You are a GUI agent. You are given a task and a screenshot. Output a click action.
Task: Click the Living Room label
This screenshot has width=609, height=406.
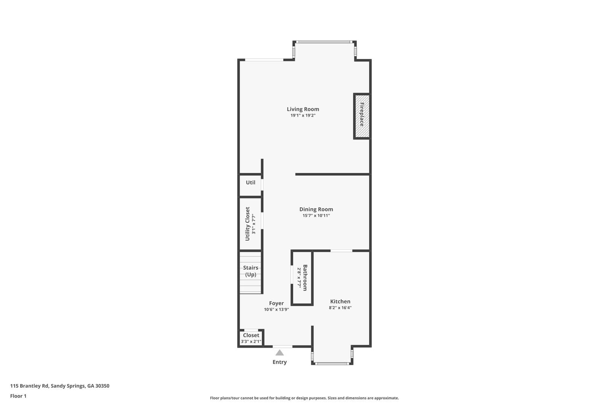pyautogui.click(x=303, y=109)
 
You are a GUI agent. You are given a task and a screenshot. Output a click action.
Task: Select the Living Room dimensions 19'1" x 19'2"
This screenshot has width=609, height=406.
pyautogui.click(x=303, y=115)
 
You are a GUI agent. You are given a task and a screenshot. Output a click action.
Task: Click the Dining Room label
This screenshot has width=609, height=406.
pyautogui.click(x=316, y=209)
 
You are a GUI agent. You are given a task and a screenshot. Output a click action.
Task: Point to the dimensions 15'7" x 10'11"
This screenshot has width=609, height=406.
pyautogui.click(x=316, y=216)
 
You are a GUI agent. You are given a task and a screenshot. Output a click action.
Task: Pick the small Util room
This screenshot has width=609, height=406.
pyautogui.click(x=250, y=183)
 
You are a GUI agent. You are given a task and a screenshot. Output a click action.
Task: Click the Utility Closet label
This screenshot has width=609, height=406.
pyautogui.click(x=247, y=224)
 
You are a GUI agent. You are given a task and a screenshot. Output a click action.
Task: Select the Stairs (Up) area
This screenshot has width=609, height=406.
pyautogui.click(x=250, y=271)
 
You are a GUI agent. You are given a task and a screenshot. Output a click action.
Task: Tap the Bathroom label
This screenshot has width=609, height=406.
pyautogui.click(x=305, y=278)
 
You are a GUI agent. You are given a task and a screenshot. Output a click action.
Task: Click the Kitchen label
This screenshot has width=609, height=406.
pyautogui.click(x=340, y=301)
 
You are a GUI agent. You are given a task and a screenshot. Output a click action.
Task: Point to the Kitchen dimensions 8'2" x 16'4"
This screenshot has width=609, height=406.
pyautogui.click(x=340, y=308)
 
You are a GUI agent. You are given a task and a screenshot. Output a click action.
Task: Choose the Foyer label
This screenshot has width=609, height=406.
pyautogui.click(x=276, y=303)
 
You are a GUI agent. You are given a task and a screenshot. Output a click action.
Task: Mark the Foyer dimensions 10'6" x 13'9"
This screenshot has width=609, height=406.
pyautogui.click(x=276, y=310)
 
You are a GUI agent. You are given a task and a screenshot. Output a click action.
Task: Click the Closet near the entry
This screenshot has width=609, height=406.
pyautogui.click(x=251, y=338)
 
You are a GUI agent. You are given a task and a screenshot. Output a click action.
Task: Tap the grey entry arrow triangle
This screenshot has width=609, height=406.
pyautogui.click(x=280, y=353)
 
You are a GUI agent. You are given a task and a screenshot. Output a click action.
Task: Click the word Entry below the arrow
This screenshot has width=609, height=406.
pyautogui.click(x=279, y=362)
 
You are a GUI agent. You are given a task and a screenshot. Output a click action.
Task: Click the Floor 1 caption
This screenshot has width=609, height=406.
pyautogui.click(x=18, y=396)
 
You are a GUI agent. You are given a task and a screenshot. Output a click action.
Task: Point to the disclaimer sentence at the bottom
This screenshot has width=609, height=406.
pyautogui.click(x=304, y=398)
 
